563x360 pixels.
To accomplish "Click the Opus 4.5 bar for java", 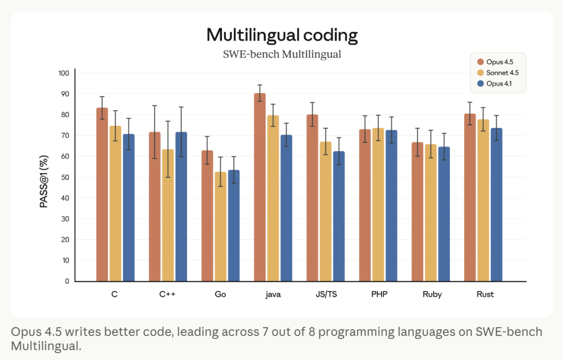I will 260,188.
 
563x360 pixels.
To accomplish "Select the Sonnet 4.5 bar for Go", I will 220,227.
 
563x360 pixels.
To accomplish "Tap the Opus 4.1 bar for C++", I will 181,207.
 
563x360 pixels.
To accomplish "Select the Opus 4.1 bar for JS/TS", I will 339,217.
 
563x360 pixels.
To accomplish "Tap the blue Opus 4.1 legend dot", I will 481,83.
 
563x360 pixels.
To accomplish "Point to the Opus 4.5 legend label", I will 503,63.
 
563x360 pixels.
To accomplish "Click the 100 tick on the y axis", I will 64,73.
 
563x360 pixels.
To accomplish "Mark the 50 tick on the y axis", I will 65,177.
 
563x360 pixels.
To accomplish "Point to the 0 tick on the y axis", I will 67,281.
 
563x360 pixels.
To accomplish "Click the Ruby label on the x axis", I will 432,294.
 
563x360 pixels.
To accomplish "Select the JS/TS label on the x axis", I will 326,294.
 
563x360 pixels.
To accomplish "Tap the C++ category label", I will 167,294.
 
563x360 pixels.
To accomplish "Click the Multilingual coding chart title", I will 282,35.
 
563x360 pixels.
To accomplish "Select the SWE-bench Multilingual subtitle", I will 282,54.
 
